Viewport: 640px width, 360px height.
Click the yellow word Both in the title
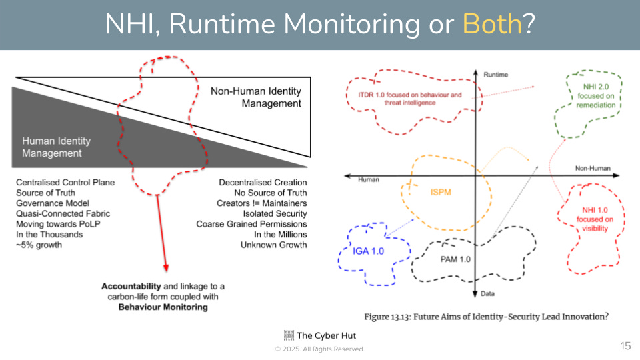[x=492, y=25]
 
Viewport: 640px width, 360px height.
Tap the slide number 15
[x=625, y=345]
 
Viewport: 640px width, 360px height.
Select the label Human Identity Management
[x=56, y=147]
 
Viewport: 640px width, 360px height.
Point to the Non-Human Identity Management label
[x=256, y=97]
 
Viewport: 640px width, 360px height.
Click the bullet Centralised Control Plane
[x=65, y=183]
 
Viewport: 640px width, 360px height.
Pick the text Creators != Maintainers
[x=262, y=203]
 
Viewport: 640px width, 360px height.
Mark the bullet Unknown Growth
[x=273, y=245]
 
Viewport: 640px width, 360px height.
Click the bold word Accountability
[x=131, y=286]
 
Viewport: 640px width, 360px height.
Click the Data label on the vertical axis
[x=488, y=293]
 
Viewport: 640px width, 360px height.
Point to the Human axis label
[x=369, y=180]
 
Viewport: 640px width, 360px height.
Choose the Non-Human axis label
[x=591, y=169]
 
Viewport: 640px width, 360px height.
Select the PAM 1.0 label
[x=455, y=259]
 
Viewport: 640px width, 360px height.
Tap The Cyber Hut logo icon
[x=288, y=335]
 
